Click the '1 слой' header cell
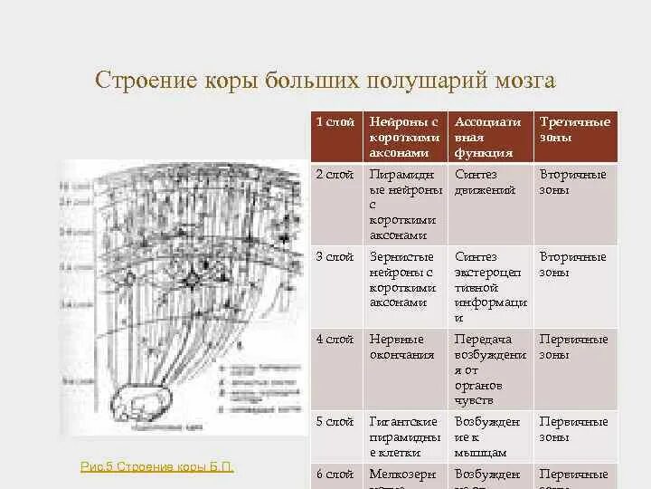click(x=335, y=122)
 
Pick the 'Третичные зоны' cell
click(x=574, y=129)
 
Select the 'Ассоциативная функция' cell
click(x=488, y=137)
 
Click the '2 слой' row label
click(x=335, y=174)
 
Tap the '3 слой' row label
click(x=335, y=257)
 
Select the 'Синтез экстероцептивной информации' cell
click(x=489, y=287)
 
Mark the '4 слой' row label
click(x=335, y=340)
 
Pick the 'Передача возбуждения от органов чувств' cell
click(x=489, y=369)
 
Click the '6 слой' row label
click(x=335, y=474)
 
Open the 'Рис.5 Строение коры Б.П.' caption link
click(x=157, y=466)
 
